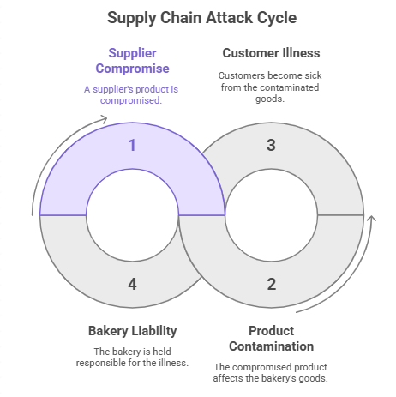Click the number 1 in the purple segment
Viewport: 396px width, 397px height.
(x=132, y=145)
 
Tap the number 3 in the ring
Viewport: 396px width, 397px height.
(x=271, y=145)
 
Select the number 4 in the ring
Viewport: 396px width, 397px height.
(x=132, y=283)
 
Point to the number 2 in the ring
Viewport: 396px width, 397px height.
(x=271, y=283)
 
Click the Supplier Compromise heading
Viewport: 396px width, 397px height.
(x=132, y=61)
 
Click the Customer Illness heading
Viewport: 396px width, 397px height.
(x=271, y=53)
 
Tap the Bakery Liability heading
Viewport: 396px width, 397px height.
(x=132, y=330)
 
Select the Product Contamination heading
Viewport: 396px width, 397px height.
(x=271, y=338)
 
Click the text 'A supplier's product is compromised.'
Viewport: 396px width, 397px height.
(x=132, y=95)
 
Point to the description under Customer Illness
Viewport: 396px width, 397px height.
(x=271, y=87)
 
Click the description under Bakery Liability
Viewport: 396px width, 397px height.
(x=132, y=358)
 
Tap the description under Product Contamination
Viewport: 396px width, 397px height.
(x=271, y=373)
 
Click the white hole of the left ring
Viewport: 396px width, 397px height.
(x=132, y=214)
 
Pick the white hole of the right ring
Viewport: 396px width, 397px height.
(x=271, y=214)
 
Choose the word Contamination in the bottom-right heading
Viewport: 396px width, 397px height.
(x=271, y=346)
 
